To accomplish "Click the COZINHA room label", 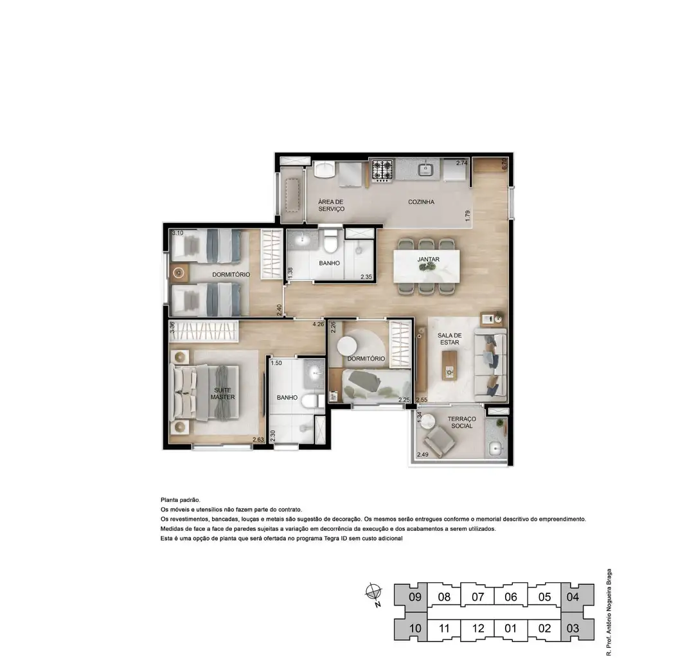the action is click(x=421, y=202).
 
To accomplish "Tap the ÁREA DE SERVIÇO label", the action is click(x=331, y=206).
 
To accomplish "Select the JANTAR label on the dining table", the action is click(x=428, y=260).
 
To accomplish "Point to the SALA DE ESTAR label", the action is click(x=449, y=339).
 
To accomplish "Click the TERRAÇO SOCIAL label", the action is click(x=461, y=422).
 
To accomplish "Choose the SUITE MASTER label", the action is click(x=222, y=393).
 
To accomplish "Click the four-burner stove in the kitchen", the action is click(x=382, y=170).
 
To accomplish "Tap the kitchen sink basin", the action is click(x=426, y=168).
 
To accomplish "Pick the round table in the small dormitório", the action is click(x=348, y=346).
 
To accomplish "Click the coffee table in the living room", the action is click(x=450, y=365).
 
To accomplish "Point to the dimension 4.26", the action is click(x=318, y=324).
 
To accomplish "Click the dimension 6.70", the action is click(x=504, y=164).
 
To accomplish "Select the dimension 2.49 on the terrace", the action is click(x=423, y=454).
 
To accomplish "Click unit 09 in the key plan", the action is click(x=414, y=597).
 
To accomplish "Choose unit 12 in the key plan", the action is click(x=477, y=629).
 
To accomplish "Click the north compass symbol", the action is click(x=374, y=593).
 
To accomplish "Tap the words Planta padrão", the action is click(x=180, y=500).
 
